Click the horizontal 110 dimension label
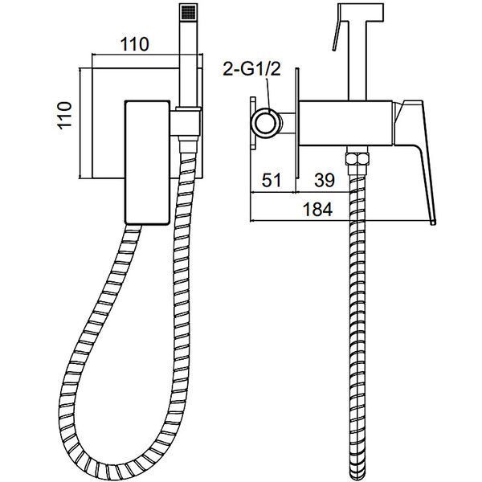pos(135,44)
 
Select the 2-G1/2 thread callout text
pos(251,69)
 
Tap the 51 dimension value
pos(272,180)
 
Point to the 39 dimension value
pos(325,180)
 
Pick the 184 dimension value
pos(317,210)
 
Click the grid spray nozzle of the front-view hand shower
pos(187,13)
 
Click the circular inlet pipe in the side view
pos(267,122)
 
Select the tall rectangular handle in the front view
pos(147,162)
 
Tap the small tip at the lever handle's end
pos(433,223)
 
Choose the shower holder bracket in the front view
pos(188,123)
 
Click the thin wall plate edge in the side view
pos(297,123)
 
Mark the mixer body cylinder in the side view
pos(346,123)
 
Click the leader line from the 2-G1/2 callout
pos(268,94)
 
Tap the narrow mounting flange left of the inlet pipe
pos(253,123)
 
